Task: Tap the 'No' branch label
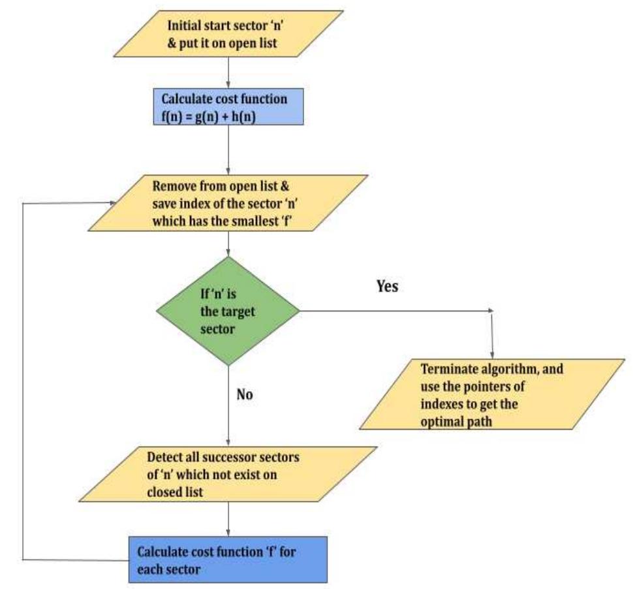click(245, 395)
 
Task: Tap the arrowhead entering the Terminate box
click(491, 353)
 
